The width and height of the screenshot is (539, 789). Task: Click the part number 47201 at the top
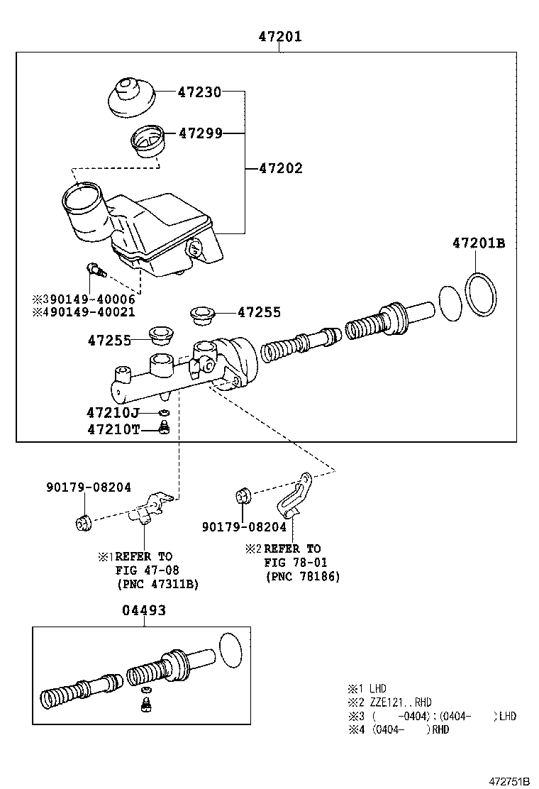(x=279, y=36)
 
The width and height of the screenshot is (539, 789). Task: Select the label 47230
(x=199, y=92)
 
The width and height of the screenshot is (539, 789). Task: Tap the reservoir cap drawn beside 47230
(x=130, y=99)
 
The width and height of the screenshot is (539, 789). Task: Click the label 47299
(x=201, y=133)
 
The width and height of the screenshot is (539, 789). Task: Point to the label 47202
(x=280, y=168)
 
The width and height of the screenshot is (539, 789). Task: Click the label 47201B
(x=479, y=243)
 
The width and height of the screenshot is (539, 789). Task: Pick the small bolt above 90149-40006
(x=94, y=270)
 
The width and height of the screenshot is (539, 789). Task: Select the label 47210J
(x=113, y=412)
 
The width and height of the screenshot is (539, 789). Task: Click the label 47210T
(x=113, y=429)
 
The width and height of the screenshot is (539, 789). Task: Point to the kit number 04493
(x=144, y=610)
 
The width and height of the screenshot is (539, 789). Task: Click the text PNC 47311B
(x=157, y=584)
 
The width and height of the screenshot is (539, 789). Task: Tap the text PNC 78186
(x=303, y=577)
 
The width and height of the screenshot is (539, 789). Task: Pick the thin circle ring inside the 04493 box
(x=231, y=649)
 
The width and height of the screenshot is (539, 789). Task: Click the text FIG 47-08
(x=148, y=570)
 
